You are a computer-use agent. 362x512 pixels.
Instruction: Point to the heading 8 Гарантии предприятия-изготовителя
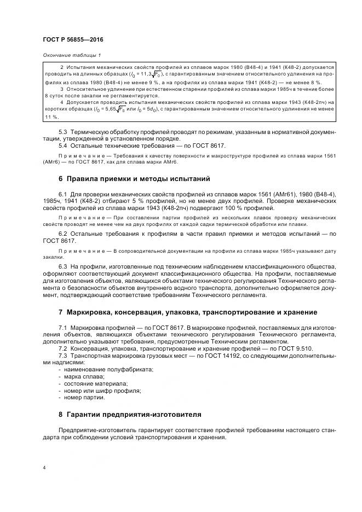[x=130, y=414]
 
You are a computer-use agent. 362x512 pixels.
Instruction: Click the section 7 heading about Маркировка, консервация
[x=187, y=312]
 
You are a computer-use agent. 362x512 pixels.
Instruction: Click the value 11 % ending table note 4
[x=52, y=117]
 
